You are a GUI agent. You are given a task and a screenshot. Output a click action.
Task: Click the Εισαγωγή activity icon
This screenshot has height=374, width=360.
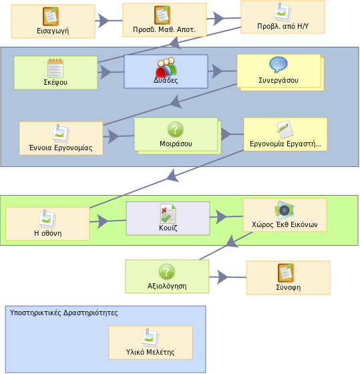point(51,17)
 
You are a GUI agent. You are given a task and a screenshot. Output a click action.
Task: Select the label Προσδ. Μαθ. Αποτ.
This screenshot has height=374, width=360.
point(164,29)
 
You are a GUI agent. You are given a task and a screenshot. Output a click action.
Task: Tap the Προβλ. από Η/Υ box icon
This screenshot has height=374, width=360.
point(283,12)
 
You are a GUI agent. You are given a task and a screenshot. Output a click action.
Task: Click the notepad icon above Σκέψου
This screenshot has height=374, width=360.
point(55,68)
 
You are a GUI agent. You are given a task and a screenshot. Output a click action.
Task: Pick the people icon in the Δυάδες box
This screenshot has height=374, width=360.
point(166,67)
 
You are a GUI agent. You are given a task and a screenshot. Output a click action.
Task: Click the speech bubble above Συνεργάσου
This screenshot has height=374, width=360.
point(279,64)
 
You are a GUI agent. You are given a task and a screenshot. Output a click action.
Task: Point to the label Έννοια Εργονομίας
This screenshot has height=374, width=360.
point(61,148)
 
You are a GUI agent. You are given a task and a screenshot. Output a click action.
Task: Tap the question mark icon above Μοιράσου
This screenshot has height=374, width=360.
point(176,130)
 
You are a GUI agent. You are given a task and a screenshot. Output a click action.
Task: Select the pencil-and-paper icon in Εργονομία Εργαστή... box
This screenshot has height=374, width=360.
point(285,130)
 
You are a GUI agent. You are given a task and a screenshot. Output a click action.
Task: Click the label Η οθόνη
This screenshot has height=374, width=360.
point(47,233)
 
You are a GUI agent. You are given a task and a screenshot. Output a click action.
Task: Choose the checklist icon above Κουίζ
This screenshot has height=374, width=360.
point(168,214)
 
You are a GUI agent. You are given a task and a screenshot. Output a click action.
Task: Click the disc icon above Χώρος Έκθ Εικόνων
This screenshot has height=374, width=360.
point(284,210)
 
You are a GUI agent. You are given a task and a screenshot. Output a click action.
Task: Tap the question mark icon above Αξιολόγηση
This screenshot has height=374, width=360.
point(167,272)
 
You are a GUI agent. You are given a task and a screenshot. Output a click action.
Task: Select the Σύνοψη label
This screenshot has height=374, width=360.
point(288,287)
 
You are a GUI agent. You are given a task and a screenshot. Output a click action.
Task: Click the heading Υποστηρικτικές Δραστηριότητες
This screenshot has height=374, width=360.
point(63,313)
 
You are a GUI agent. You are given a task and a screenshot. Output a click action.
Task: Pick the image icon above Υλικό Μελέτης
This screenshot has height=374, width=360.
point(150,338)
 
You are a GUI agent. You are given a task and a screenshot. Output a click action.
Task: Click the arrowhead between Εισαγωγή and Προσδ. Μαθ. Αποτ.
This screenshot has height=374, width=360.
point(103,21)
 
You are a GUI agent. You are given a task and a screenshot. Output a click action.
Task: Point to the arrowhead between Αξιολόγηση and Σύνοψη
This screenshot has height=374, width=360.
point(222,277)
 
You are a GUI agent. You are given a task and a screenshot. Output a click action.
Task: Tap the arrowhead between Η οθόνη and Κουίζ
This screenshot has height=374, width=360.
point(103,222)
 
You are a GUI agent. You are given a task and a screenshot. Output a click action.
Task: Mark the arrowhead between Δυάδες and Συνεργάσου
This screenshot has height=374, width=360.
point(217,71)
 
